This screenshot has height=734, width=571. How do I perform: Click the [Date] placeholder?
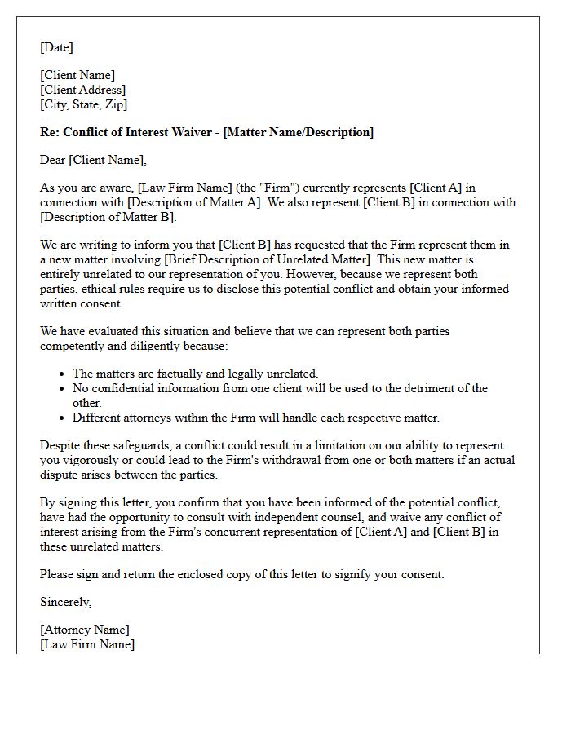coord(56,47)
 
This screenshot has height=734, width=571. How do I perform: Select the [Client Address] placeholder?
coord(82,90)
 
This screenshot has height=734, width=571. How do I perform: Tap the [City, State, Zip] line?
coord(83,104)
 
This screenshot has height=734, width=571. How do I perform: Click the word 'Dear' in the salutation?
coord(53,160)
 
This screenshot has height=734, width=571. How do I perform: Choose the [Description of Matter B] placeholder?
coord(108,217)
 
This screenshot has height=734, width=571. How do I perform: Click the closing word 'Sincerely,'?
coord(66,602)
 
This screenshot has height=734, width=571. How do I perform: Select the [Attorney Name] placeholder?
coord(84,630)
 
